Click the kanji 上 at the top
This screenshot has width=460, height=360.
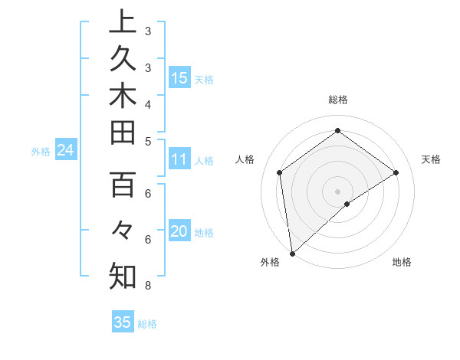(123, 21)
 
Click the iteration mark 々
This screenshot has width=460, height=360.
(123, 230)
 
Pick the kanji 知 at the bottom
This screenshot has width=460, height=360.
(123, 276)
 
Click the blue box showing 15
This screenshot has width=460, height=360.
(179, 77)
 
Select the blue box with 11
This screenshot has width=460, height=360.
(179, 159)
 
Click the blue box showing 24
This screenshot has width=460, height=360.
(65, 150)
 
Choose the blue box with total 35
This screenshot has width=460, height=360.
(123, 322)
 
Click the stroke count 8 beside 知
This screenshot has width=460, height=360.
(147, 286)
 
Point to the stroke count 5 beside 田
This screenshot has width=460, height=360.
(147, 141)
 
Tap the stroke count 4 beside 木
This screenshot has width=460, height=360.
(147, 103)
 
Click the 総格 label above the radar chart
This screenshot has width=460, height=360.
(337, 100)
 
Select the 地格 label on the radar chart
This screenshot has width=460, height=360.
(402, 262)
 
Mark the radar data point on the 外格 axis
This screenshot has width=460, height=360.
(292, 253)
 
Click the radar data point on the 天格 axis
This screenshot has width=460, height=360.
(396, 172)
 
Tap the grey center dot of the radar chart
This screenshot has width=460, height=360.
(337, 190)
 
